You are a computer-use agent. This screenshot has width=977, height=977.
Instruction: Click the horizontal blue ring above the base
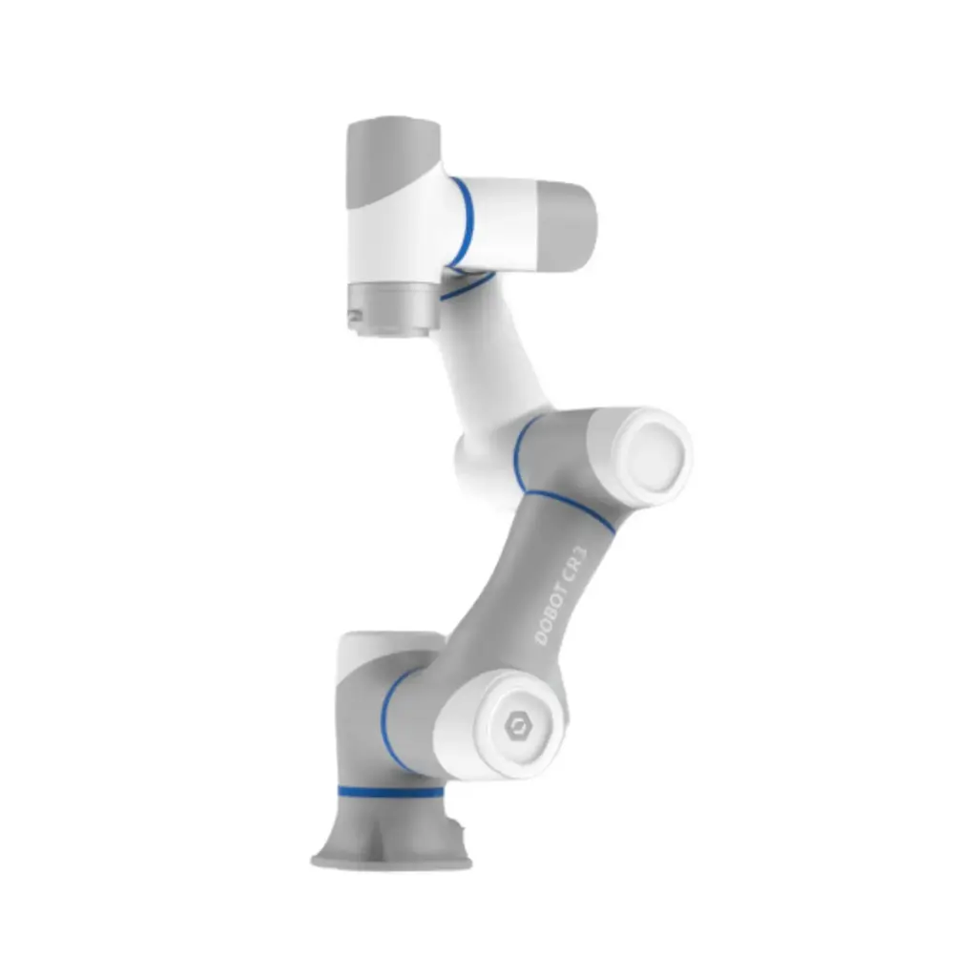390,793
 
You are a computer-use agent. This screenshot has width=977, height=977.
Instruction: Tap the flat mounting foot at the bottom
391,863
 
